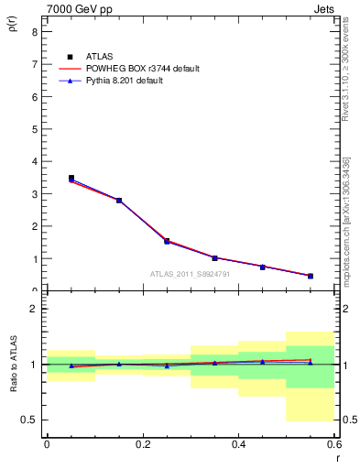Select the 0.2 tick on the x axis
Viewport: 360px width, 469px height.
(x=142, y=445)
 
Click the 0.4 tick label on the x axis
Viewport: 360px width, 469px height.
(x=238, y=445)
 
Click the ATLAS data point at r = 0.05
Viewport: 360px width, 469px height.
(x=71, y=179)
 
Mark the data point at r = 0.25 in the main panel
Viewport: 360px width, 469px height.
(x=167, y=241)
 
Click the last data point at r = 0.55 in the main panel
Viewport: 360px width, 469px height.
(x=311, y=276)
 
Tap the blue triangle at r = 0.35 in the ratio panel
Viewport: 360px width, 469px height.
(x=214, y=363)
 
